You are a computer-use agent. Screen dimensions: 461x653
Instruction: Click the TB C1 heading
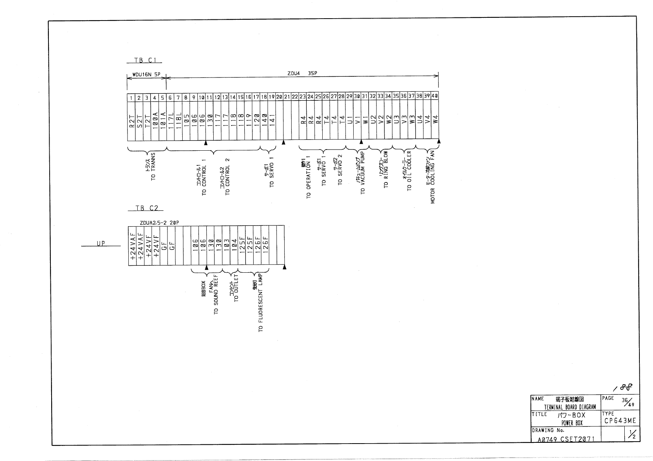coord(144,60)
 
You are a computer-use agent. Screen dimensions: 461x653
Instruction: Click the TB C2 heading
coord(146,208)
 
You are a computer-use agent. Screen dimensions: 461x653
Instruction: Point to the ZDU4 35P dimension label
coord(302,73)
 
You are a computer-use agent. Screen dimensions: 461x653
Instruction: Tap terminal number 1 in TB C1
coord(131,98)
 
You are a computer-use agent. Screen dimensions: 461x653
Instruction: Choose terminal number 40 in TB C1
coord(435,96)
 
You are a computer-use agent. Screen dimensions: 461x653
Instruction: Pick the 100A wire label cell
coord(155,120)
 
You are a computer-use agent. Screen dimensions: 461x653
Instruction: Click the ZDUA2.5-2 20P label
coord(159,223)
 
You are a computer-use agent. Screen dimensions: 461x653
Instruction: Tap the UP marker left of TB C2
coord(101,243)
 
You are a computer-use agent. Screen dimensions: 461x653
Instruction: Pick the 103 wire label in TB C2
coord(226,246)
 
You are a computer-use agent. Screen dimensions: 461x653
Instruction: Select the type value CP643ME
coord(620,421)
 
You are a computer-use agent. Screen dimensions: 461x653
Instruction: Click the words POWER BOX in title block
coord(572,423)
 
